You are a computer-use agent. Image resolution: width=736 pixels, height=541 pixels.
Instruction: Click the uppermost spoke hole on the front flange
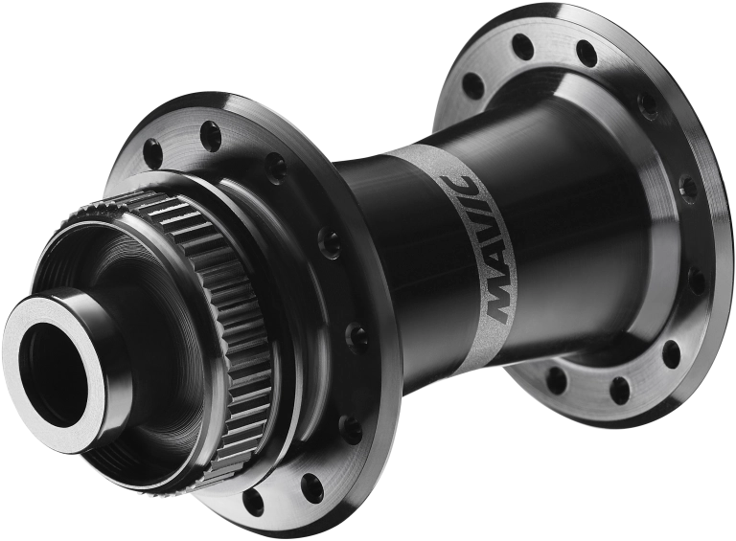point(210,132)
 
